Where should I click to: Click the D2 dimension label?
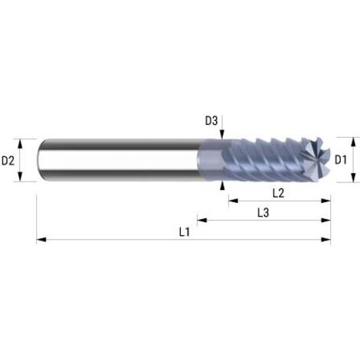[x=8, y=160]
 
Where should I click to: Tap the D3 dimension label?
[x=211, y=119]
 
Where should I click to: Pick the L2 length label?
[x=278, y=192]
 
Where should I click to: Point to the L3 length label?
[x=263, y=211]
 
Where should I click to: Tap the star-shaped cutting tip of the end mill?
[x=319, y=160]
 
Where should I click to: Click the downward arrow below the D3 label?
[x=221, y=136]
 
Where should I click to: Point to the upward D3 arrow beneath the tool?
[x=221, y=185]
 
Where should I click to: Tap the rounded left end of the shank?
[x=40, y=160]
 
